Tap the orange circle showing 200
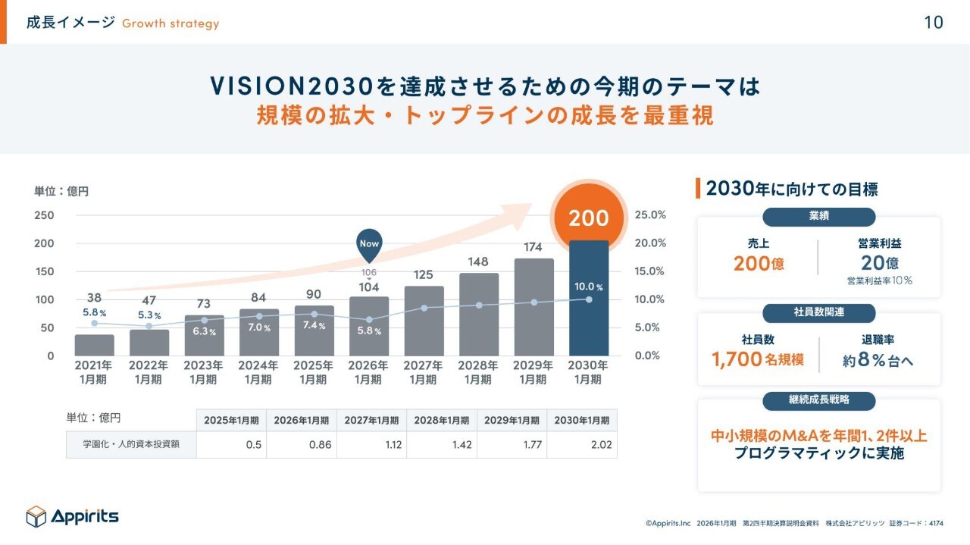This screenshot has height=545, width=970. [589, 218]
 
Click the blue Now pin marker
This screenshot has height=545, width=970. [369, 244]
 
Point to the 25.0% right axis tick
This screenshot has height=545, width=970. [650, 215]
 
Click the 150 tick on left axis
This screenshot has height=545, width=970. [45, 271]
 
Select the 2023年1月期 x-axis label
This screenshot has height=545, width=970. [204, 372]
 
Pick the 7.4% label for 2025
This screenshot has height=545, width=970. [314, 326]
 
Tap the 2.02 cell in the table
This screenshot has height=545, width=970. [582, 445]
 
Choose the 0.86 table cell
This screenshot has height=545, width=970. [302, 445]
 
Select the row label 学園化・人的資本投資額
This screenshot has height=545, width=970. [130, 445]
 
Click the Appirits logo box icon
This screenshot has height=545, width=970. [36, 516]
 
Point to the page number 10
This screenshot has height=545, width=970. [934, 23]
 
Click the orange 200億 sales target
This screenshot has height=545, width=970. [759, 264]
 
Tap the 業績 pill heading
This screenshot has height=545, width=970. [818, 216]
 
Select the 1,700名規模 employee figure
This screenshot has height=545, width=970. [758, 359]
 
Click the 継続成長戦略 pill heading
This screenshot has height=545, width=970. [818, 400]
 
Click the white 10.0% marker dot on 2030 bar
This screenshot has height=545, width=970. [589, 299]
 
